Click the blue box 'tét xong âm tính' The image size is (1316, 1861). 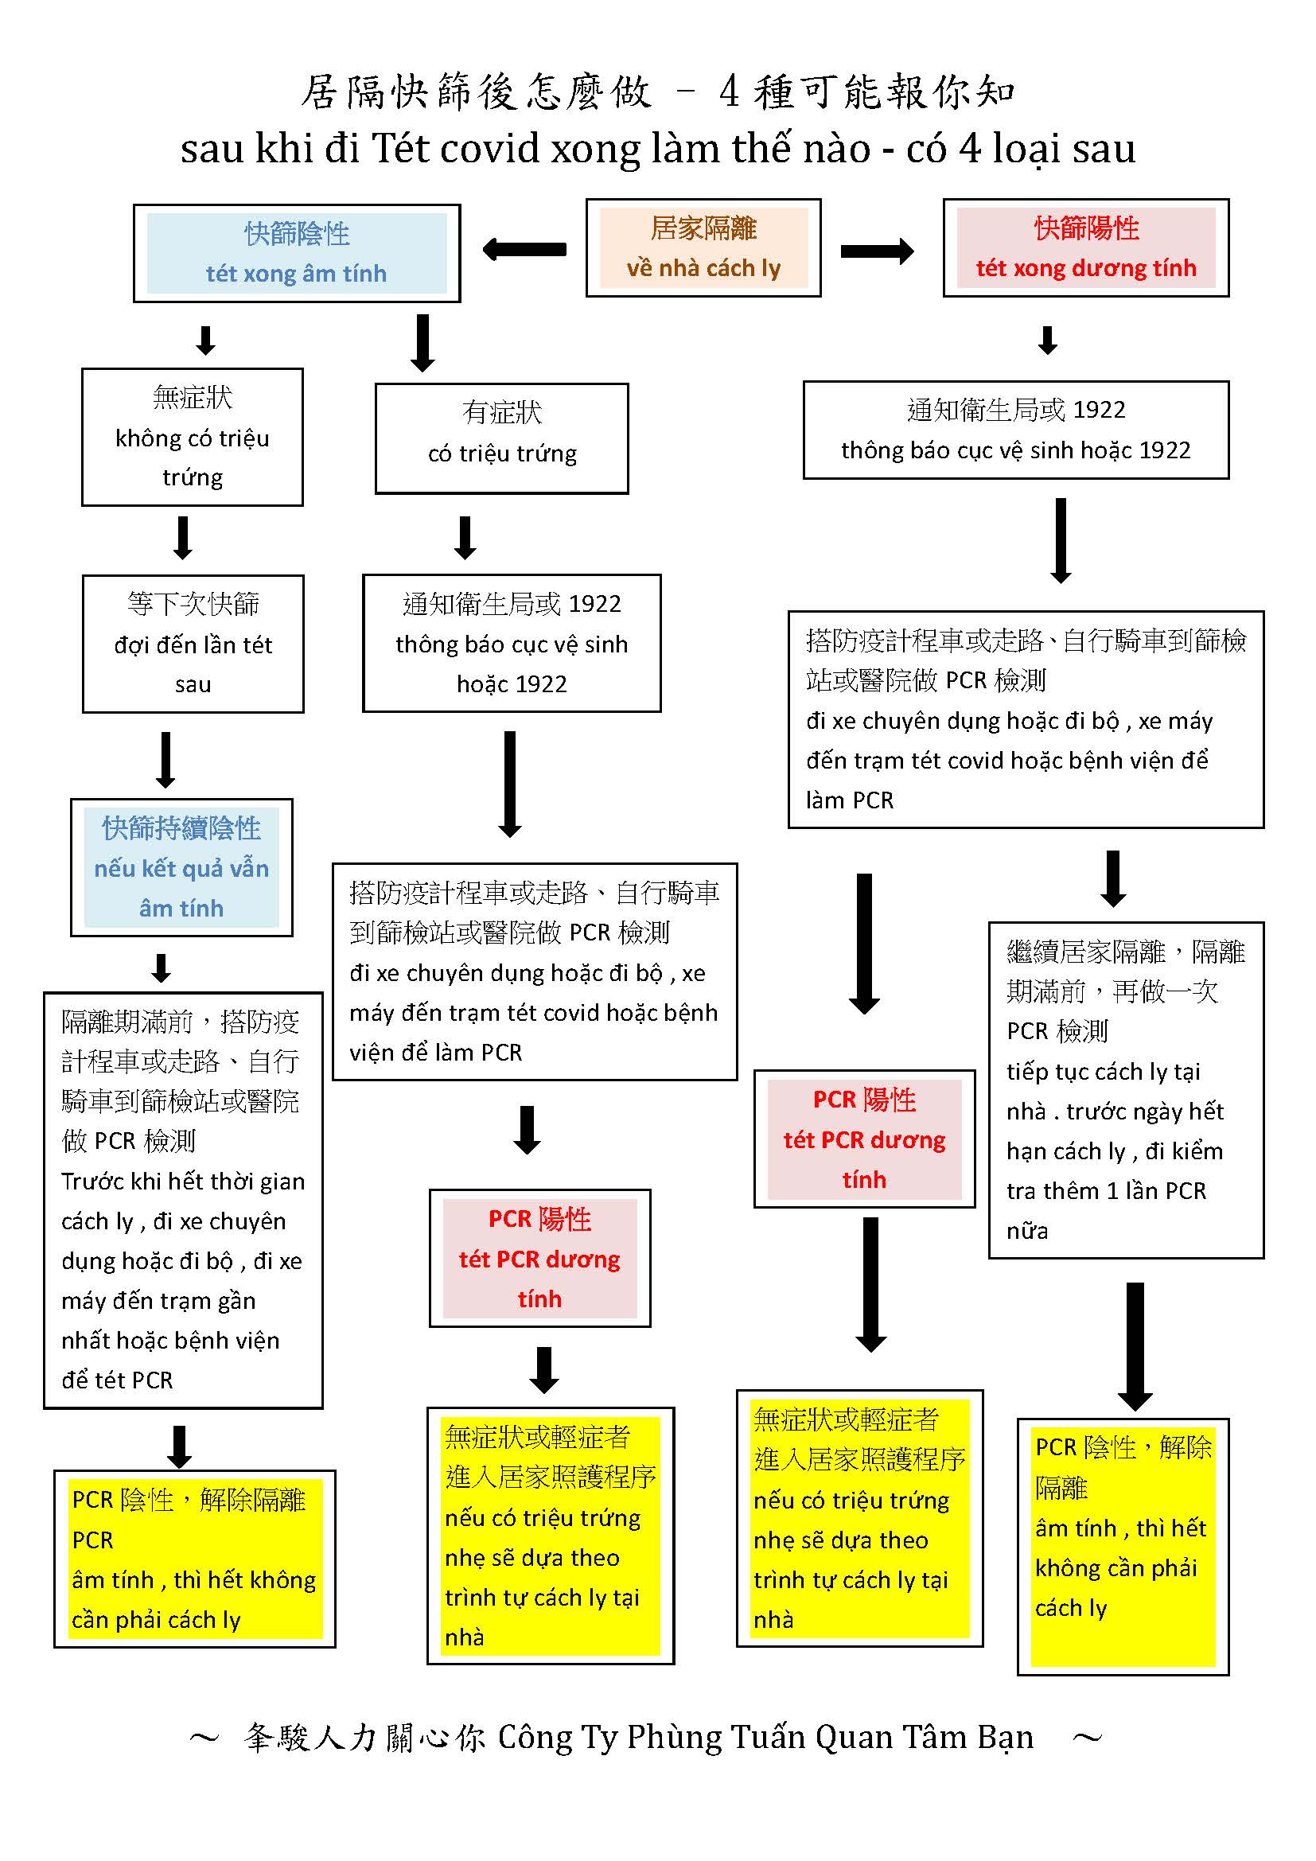pos(297,254)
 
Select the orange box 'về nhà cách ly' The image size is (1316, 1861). pos(703,248)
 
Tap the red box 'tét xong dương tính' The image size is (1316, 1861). pos(1086,248)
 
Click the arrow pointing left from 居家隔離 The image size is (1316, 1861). pos(524,249)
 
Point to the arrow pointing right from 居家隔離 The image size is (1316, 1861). pos(877,251)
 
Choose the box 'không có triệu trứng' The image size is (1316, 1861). pos(193,438)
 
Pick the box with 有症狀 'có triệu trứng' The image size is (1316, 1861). pos(501,438)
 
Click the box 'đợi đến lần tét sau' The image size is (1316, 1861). pos(193,644)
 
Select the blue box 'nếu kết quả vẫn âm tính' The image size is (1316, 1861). pos(181,867)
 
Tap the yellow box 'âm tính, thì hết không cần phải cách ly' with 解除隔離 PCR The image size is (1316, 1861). pos(194,1559)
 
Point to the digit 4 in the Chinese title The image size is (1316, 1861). pos(729,91)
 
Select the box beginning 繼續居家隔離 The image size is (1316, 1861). pos(1126,1090)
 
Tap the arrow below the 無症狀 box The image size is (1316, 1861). pos(183,537)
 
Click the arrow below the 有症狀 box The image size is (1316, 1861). pos(465,537)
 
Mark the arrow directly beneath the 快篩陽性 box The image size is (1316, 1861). pos(1048,341)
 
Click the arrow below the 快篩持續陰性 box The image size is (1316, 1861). pos(162,967)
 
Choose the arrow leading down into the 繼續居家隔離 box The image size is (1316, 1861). pos(1113,878)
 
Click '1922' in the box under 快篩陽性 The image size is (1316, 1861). pos(1099,410)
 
